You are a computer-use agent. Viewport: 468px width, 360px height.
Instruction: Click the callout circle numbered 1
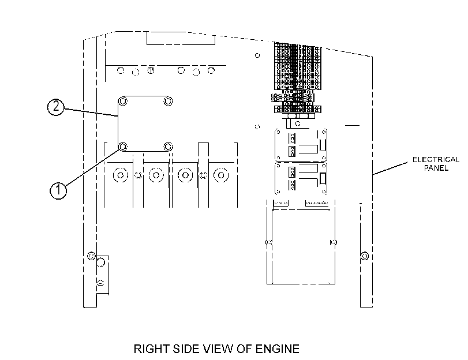(x=58, y=190)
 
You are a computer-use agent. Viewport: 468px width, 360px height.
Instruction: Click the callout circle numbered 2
(x=56, y=107)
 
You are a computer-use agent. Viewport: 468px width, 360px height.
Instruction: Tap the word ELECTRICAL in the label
(x=436, y=160)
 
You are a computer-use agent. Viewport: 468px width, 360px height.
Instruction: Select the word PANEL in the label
(x=436, y=168)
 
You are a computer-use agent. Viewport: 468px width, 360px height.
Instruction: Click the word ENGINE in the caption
(x=277, y=349)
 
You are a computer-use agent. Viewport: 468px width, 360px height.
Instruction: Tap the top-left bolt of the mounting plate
(x=123, y=101)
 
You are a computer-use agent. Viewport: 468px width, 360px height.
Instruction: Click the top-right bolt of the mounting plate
(x=169, y=101)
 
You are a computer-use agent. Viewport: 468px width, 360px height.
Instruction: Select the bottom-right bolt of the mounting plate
(x=169, y=147)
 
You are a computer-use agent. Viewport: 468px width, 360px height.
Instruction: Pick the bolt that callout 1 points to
(x=123, y=147)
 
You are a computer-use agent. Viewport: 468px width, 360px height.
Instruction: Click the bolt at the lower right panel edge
(x=365, y=256)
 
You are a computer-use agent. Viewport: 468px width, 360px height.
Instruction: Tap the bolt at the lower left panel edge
(x=91, y=256)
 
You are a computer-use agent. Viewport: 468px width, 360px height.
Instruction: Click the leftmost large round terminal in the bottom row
(x=121, y=175)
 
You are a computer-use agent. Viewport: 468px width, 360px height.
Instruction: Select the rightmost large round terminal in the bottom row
(x=221, y=175)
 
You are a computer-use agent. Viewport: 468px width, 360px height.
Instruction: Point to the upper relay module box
(x=301, y=145)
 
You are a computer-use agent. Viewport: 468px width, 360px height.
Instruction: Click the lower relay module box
(x=301, y=178)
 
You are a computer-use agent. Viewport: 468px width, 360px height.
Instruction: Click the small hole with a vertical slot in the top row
(x=151, y=70)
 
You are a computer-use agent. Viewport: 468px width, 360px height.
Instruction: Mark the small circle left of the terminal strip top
(x=257, y=55)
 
